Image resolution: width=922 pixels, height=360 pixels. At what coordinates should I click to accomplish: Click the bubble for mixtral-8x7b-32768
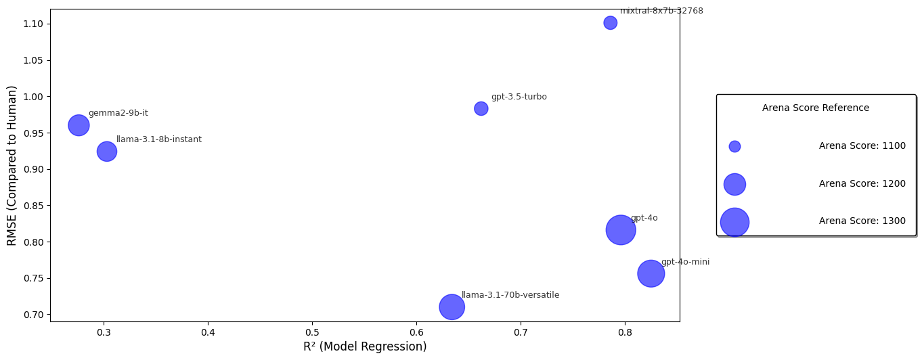coord(610,23)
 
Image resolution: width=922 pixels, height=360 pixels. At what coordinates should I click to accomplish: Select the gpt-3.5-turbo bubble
coord(481,109)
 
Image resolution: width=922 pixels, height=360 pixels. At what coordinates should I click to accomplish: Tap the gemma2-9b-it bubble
coord(79,125)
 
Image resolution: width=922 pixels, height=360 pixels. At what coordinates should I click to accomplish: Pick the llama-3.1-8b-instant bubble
coord(106,151)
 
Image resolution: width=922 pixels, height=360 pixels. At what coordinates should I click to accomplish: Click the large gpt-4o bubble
coord(620,230)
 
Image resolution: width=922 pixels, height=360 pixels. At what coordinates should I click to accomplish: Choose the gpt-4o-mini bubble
coord(651,273)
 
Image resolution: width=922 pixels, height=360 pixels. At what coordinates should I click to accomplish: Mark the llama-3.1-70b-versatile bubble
coord(452,307)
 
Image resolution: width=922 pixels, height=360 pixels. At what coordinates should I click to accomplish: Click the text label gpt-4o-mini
coord(685,262)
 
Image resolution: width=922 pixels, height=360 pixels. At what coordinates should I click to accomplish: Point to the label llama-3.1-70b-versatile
coord(510,295)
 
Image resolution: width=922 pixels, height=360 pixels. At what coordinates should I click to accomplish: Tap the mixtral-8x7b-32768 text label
coord(661,11)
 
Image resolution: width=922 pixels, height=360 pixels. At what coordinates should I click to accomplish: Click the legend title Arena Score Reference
coord(815,108)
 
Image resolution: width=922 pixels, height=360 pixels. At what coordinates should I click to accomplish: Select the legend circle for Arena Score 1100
coord(734,147)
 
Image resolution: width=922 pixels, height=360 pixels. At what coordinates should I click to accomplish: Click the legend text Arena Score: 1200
coord(862,184)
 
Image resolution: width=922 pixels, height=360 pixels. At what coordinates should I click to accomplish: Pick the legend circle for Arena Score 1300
coord(734,222)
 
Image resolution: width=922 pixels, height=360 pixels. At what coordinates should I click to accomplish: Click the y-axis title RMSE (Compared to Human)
coord(12,165)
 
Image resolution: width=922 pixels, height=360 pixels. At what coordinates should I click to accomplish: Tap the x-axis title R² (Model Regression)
coord(365,347)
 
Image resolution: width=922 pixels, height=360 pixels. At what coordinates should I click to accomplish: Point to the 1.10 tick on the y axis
coord(32,24)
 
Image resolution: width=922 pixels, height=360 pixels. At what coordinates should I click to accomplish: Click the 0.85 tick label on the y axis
coord(32,206)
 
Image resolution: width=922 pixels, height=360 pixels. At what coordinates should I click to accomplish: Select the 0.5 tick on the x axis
coord(312,333)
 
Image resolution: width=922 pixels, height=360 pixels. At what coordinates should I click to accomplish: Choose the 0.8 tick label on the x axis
coord(625,333)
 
